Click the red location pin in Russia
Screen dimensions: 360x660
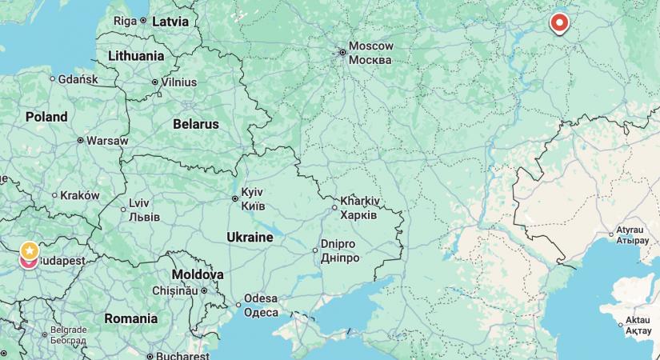pos(559,22)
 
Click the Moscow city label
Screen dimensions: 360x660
pos(370,46)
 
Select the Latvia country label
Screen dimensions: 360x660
pos(170,21)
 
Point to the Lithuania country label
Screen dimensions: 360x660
pos(135,56)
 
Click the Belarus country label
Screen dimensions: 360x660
pos(195,124)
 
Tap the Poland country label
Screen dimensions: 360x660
pos(46,117)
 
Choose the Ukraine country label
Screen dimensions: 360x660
pos(250,237)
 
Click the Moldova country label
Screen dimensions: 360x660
pos(198,274)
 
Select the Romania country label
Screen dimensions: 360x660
pos(130,318)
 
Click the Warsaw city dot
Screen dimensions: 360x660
pos(80,140)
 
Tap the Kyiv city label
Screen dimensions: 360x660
pos(253,192)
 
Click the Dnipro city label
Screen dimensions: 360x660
pos(338,245)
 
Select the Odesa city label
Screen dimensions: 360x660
pos(261,298)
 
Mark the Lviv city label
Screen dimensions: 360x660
pos(138,203)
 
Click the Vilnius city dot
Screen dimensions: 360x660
pos(155,82)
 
